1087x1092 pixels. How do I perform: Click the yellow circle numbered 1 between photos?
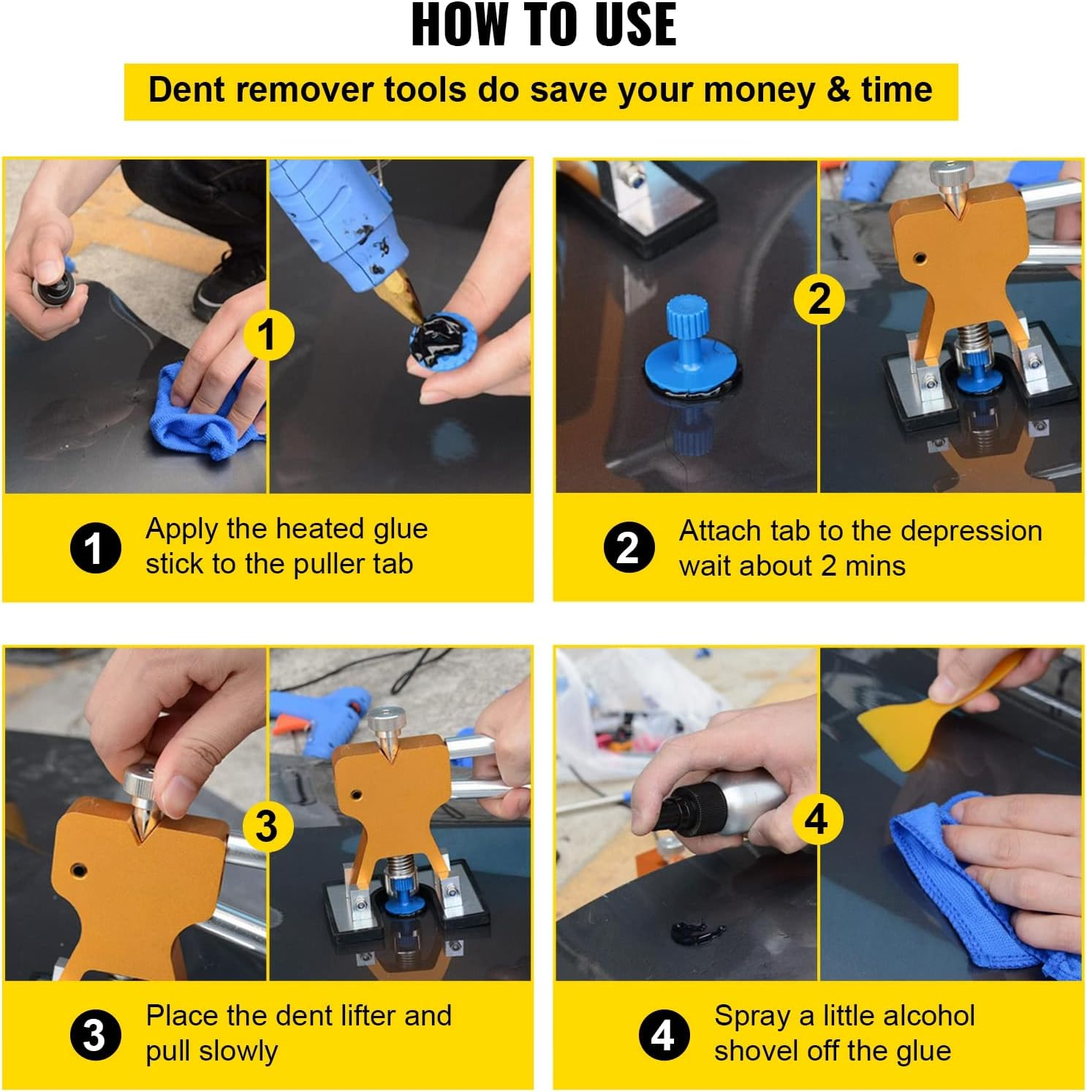pos(268,334)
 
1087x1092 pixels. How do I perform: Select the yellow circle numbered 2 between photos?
pos(819,298)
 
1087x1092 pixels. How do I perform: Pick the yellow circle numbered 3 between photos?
pos(267,826)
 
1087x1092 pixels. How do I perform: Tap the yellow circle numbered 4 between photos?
pos(817,818)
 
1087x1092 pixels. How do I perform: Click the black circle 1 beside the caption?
pos(96,548)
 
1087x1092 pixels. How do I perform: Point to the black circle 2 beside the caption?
pos(629,548)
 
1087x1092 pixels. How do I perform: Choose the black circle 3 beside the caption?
pos(95,1035)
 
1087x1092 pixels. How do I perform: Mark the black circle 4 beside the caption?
pos(663,1035)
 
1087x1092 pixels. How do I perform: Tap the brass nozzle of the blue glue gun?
pos(398,300)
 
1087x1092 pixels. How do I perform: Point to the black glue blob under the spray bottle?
pos(696,933)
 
